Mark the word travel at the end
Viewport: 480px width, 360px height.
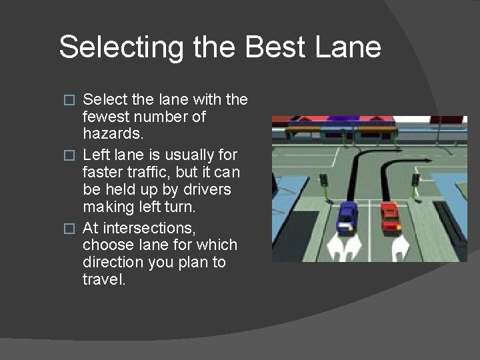click(103, 279)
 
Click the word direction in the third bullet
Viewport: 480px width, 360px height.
click(113, 262)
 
